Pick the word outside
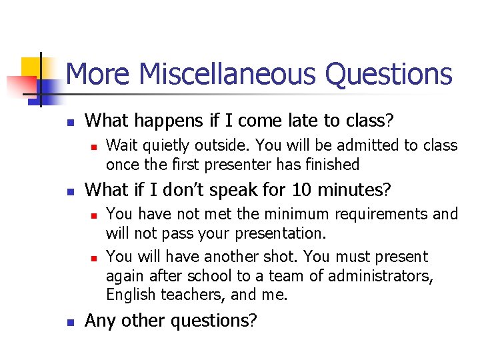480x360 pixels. (226, 145)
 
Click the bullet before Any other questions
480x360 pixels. (69, 322)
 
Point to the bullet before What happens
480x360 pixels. (69, 123)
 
